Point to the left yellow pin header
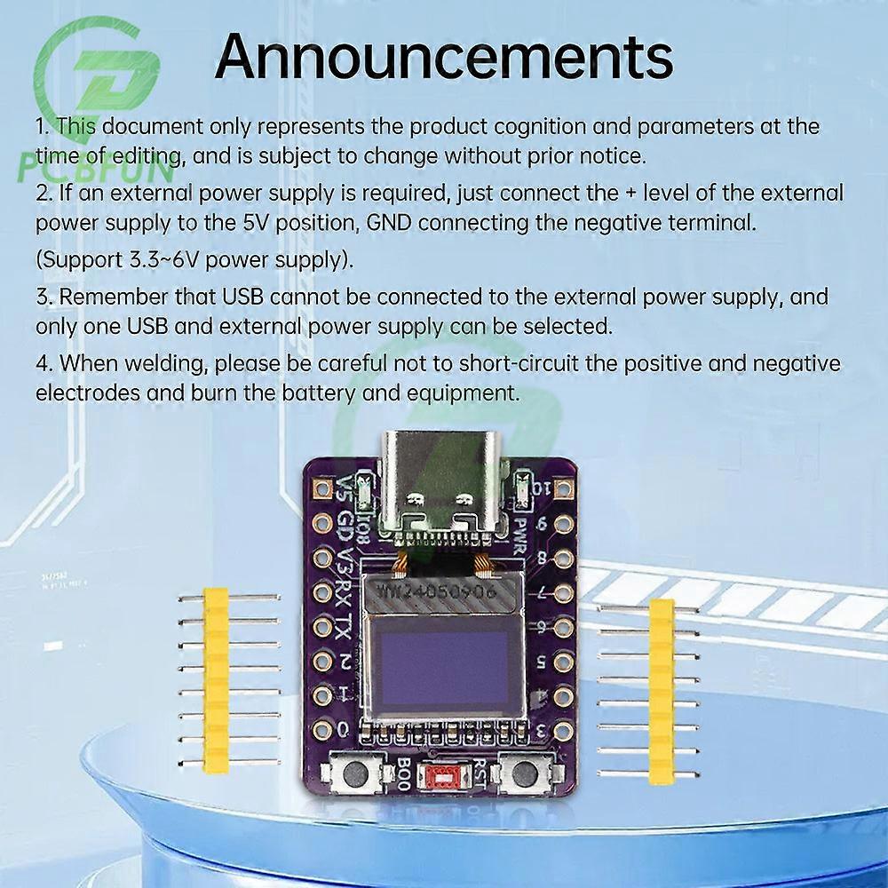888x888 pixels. pos(216,679)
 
